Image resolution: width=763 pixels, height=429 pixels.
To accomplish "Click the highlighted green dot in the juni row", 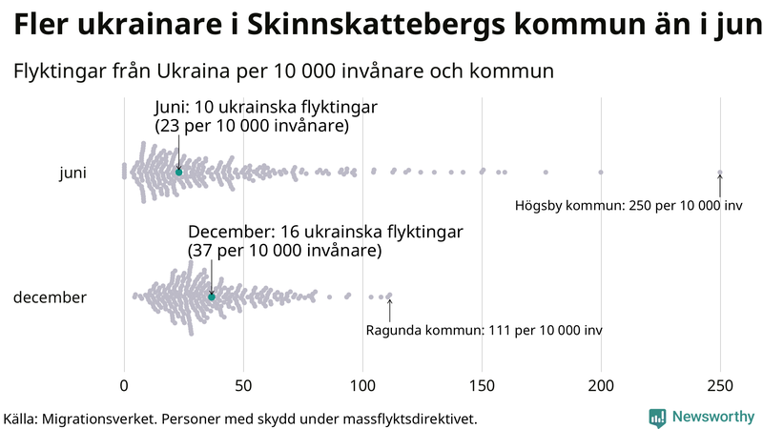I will pos(178,172).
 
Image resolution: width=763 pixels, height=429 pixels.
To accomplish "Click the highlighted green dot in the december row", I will pos(212,297).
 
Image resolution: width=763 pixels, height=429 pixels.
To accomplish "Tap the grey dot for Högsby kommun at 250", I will pos(720,173).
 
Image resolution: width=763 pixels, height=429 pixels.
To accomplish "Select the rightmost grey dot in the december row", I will pos(389,296).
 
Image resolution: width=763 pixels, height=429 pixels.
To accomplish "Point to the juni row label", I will pos(72,173).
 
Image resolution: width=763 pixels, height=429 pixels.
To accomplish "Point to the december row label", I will pos(50,297).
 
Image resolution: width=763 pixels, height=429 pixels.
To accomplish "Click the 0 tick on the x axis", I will pos(124,385).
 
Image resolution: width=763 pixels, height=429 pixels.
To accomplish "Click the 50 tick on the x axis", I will pos(243,385).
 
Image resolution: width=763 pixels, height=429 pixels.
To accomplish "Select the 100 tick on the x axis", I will pos(362,385).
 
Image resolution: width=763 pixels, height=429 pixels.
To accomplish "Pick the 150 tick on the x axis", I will pos(482,385).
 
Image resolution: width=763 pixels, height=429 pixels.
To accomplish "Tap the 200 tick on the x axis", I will pos(601,385).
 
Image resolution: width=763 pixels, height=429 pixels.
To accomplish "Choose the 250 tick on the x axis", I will pos(720,385).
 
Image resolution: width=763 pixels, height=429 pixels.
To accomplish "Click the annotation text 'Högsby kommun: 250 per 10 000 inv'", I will pos(628,206).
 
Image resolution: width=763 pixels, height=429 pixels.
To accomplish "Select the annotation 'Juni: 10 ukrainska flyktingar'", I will pos(265,107).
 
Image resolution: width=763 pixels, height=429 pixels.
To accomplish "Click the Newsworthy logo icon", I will pos(657,417).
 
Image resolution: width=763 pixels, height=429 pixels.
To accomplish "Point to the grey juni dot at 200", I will pos(601,172).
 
